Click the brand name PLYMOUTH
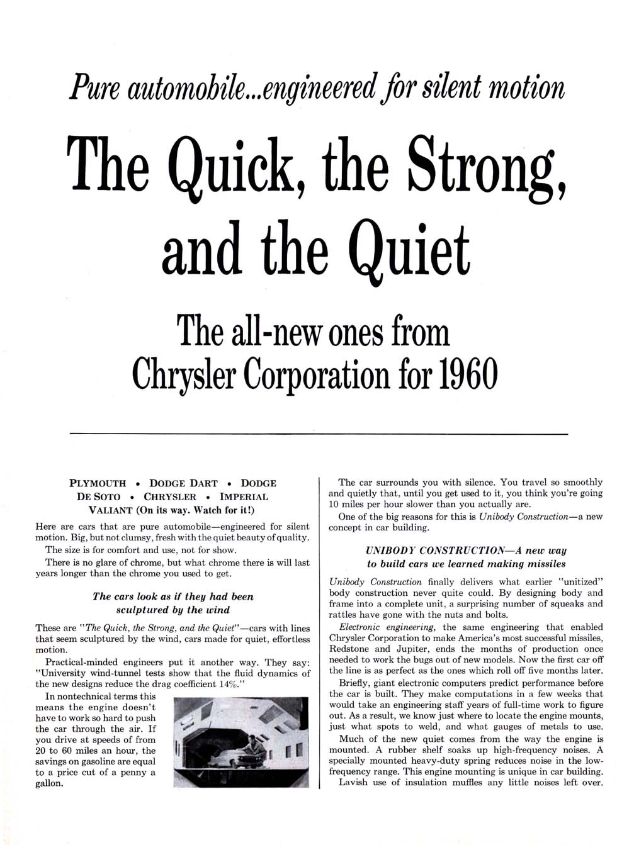tap(97, 483)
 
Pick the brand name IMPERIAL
tap(244, 496)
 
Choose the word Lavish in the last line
tap(353, 783)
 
